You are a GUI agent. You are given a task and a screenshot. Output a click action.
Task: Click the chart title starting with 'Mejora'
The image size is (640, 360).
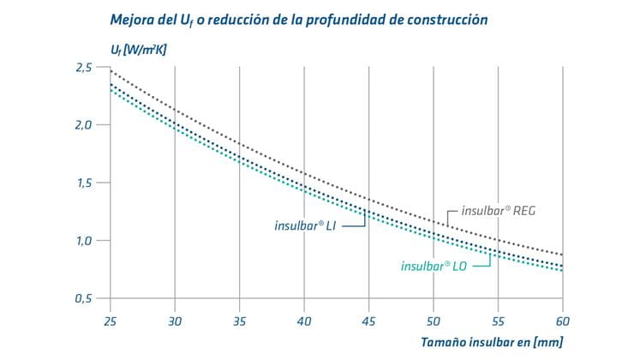[x=299, y=19]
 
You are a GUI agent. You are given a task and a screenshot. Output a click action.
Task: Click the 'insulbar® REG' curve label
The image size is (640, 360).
[x=499, y=210]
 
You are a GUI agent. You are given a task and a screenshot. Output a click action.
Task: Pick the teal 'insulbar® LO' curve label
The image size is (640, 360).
[x=435, y=265]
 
